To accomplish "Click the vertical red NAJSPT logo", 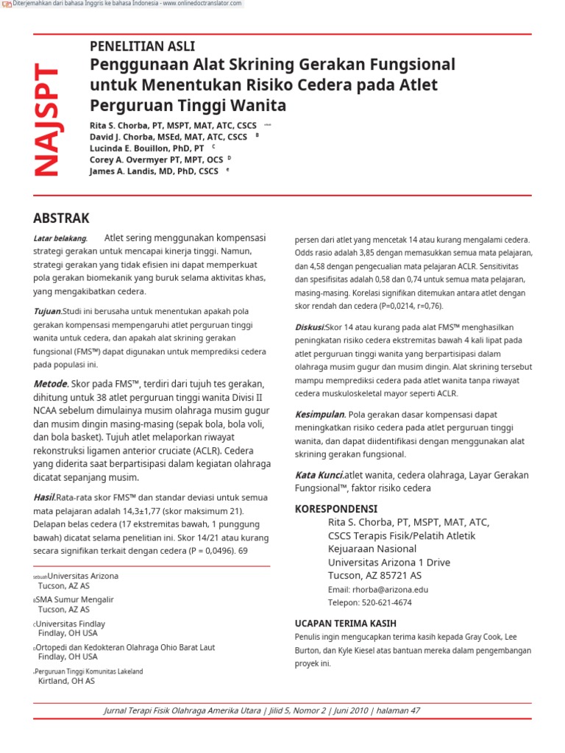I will point(46,121).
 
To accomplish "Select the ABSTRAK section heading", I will point(62,218).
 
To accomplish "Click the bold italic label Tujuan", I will point(47,312).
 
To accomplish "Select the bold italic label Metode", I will point(50,384).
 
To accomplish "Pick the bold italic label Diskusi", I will point(309,326).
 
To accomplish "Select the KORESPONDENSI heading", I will point(335,509).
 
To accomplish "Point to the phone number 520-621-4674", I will point(387,603).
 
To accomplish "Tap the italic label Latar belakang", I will point(60,238).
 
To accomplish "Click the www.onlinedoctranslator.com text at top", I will point(202,4).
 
